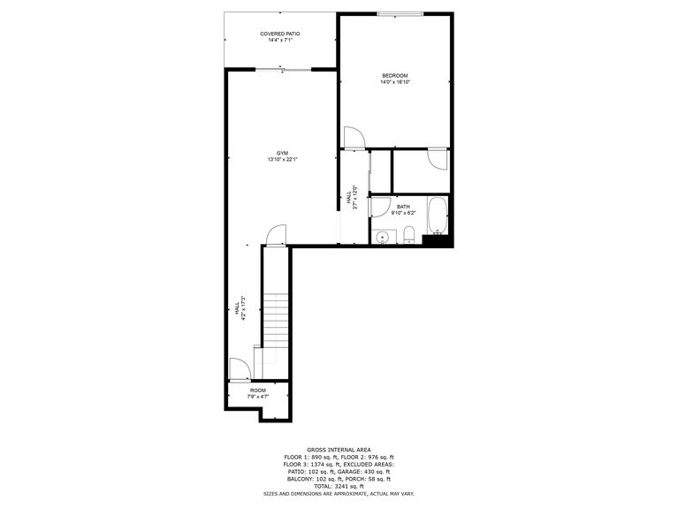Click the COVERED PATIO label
pyautogui.click(x=279, y=34)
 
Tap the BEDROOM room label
pyautogui.click(x=395, y=75)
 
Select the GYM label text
pyautogui.click(x=282, y=153)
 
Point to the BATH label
pyautogui.click(x=402, y=206)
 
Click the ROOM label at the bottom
pyautogui.click(x=257, y=390)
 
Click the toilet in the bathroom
pyautogui.click(x=408, y=235)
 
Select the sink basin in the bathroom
pyautogui.click(x=383, y=237)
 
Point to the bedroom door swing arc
pyautogui.click(x=354, y=138)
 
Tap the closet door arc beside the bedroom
pyautogui.click(x=438, y=159)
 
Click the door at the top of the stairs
pyautogui.click(x=276, y=235)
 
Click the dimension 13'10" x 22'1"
pyautogui.click(x=282, y=160)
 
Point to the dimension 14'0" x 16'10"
pyautogui.click(x=395, y=82)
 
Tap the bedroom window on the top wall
pyautogui.click(x=400, y=13)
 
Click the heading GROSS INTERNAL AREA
pyautogui.click(x=339, y=449)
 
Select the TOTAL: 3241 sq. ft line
pyautogui.click(x=339, y=486)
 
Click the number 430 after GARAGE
pyautogui.click(x=369, y=471)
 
